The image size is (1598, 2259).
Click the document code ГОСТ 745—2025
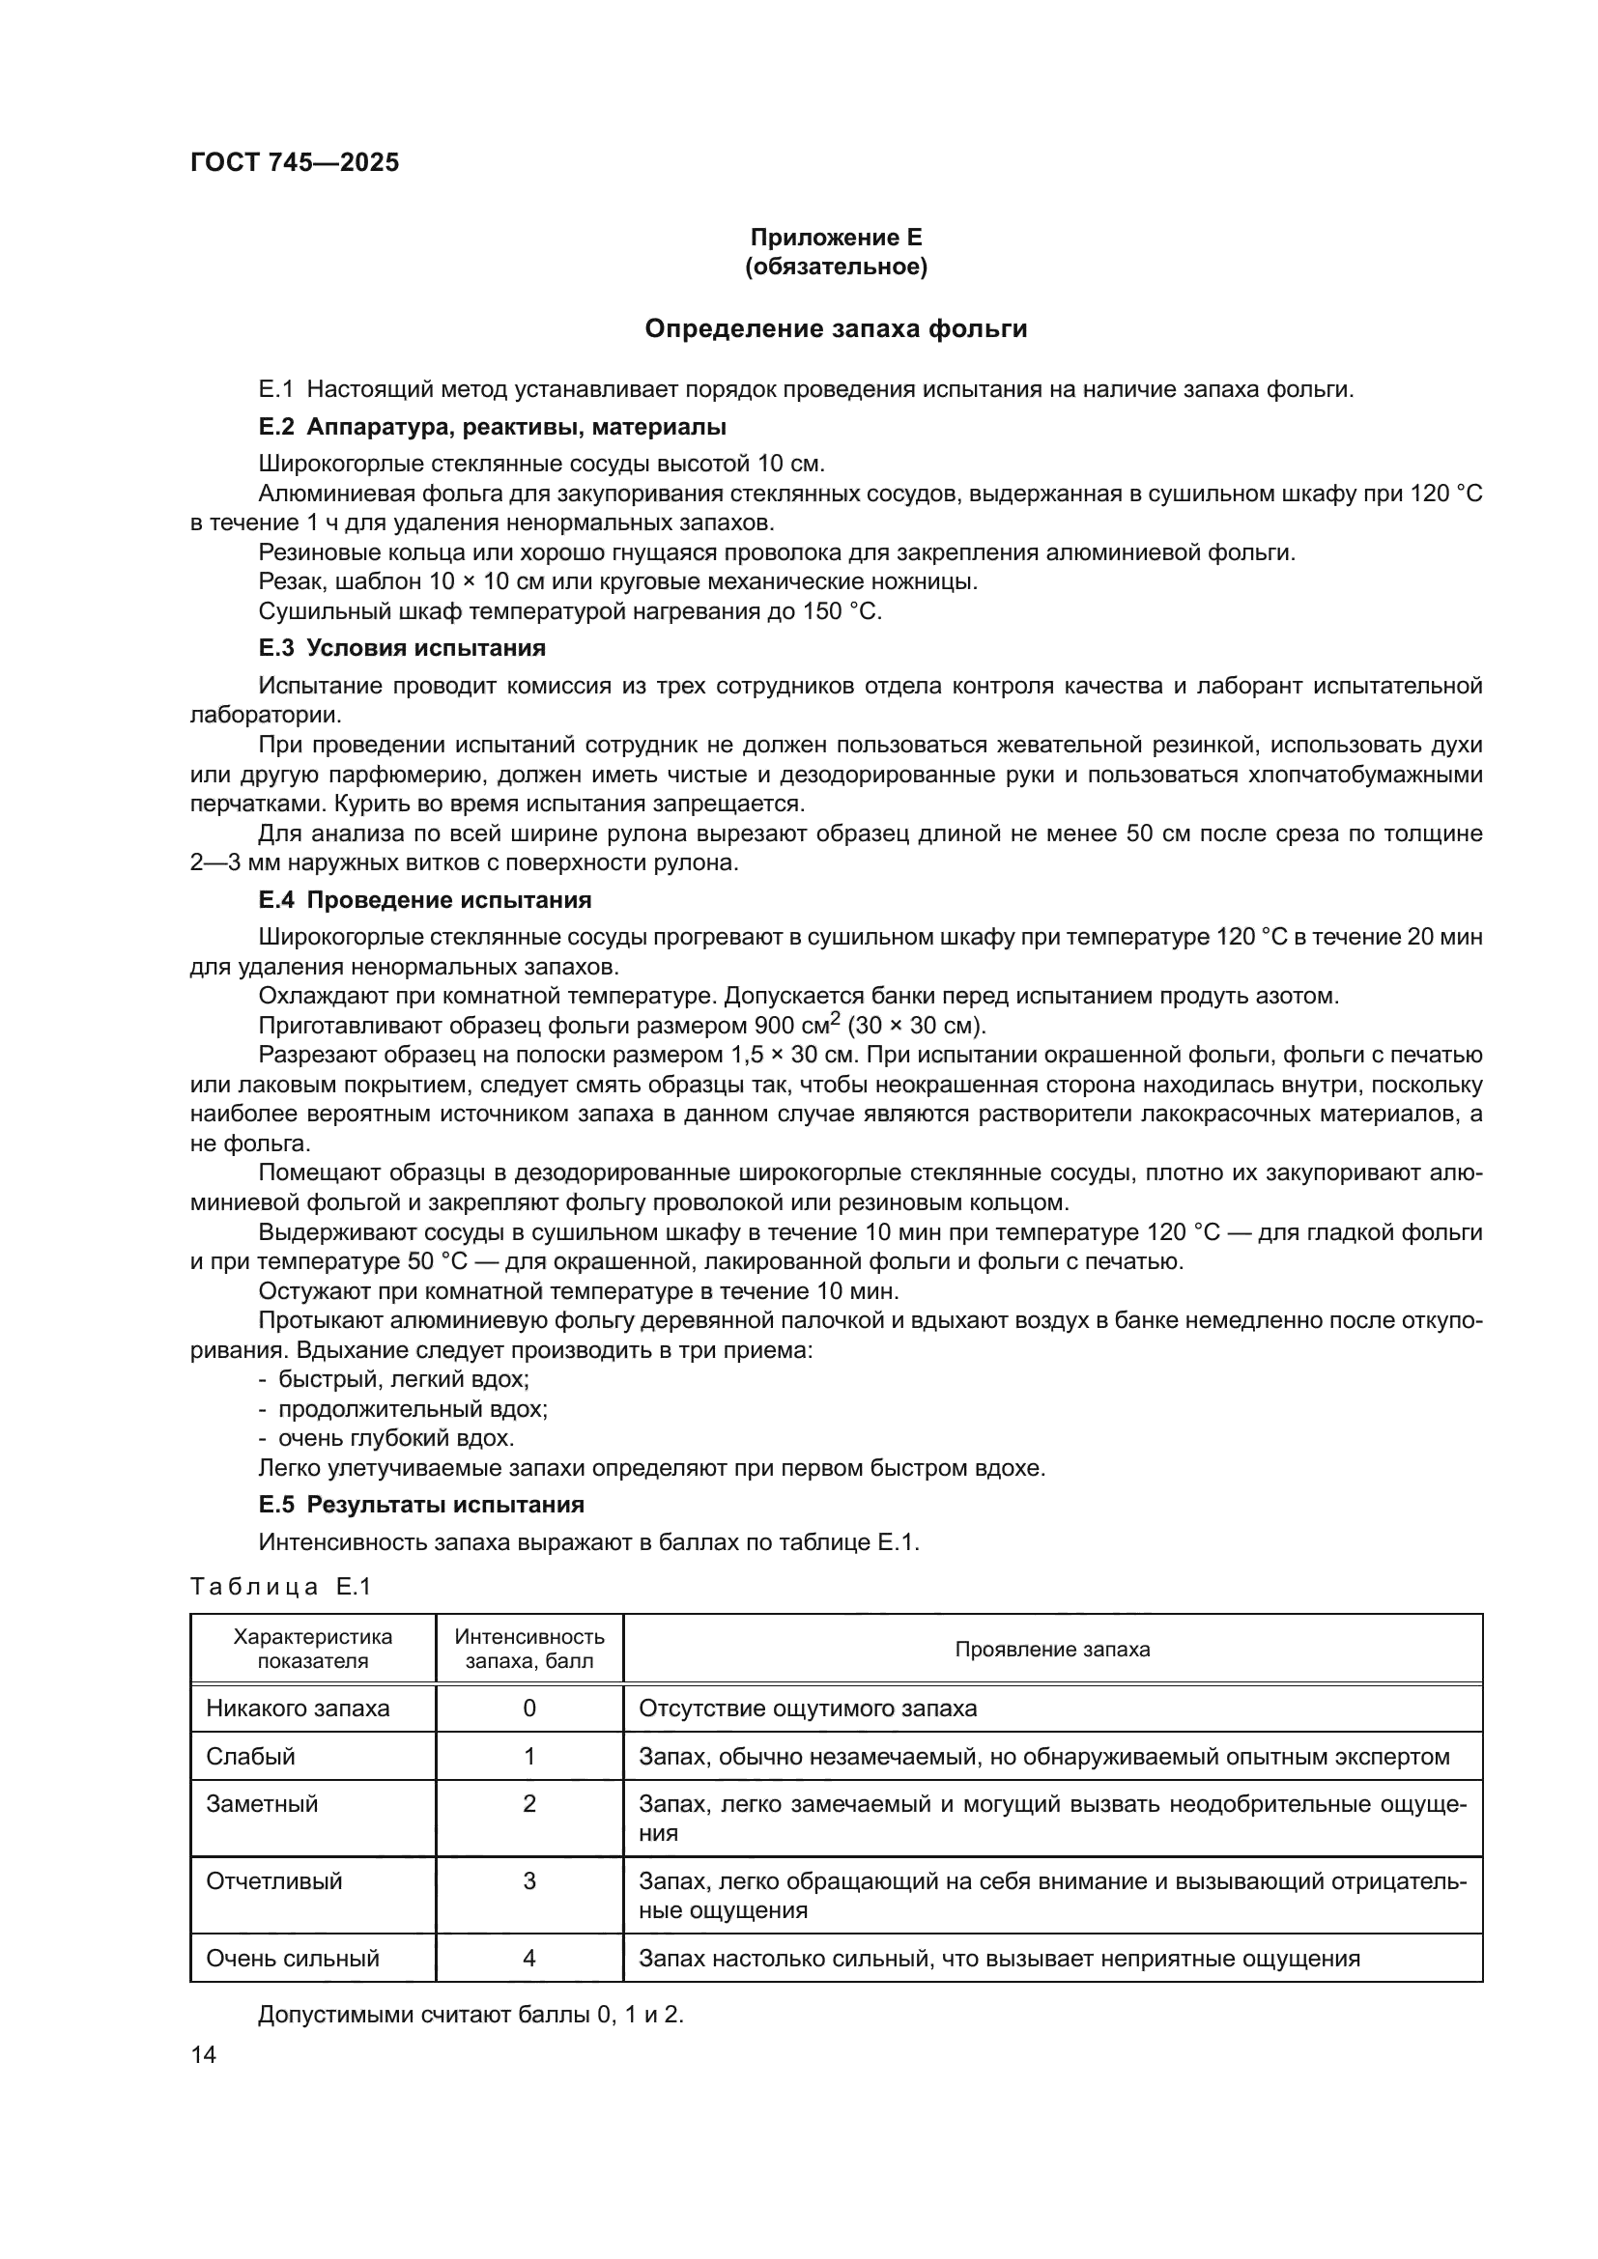click(x=295, y=163)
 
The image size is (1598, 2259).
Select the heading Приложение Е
click(x=836, y=238)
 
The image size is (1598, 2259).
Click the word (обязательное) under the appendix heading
click(x=836, y=267)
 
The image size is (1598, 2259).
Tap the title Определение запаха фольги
click(x=836, y=328)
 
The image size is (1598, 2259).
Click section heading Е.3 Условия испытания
click(x=402, y=647)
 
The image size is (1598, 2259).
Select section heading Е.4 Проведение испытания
click(x=424, y=899)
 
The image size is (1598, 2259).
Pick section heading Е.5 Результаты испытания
click(x=421, y=1505)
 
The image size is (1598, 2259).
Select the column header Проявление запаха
click(x=1052, y=1649)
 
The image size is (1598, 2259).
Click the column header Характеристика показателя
click(x=312, y=1649)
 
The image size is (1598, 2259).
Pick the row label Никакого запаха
click(x=298, y=1708)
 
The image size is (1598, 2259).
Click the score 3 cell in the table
click(x=529, y=1881)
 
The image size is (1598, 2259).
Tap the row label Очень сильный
click(x=292, y=1958)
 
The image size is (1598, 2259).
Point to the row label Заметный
click(x=262, y=1803)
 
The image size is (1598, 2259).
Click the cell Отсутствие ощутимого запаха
click(x=807, y=1708)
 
